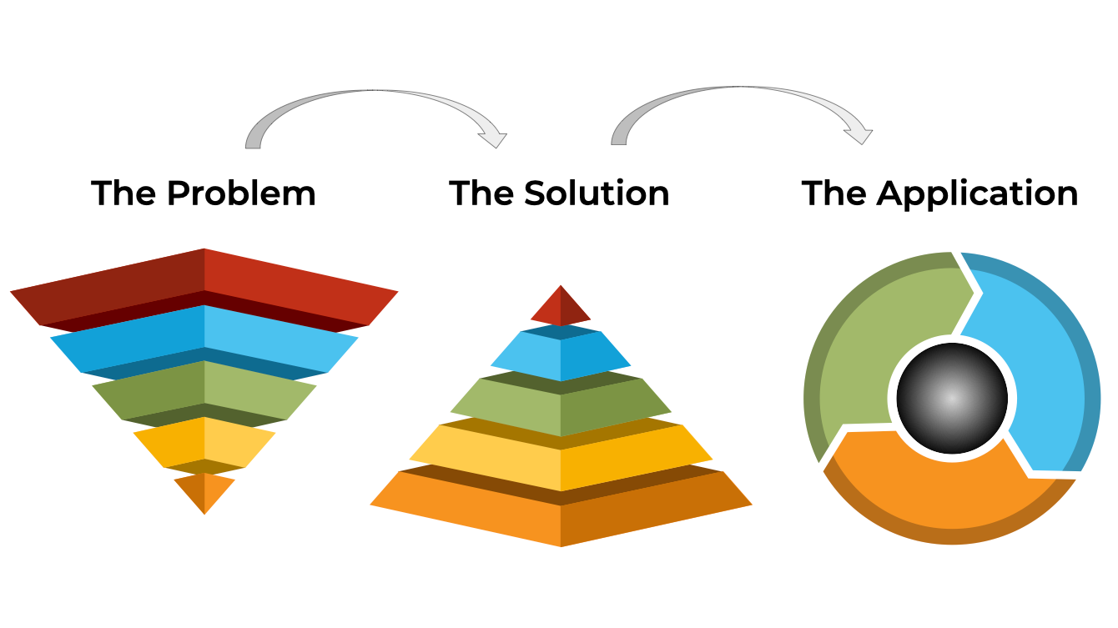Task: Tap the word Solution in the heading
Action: [x=596, y=194]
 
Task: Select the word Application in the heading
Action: [x=977, y=194]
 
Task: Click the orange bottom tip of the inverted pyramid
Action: [x=204, y=490]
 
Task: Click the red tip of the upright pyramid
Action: [x=561, y=308]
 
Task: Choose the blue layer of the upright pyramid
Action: [x=561, y=354]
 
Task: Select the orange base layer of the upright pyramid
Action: [x=561, y=513]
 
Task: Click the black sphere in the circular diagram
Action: [x=952, y=398]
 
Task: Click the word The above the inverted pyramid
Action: [x=124, y=194]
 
